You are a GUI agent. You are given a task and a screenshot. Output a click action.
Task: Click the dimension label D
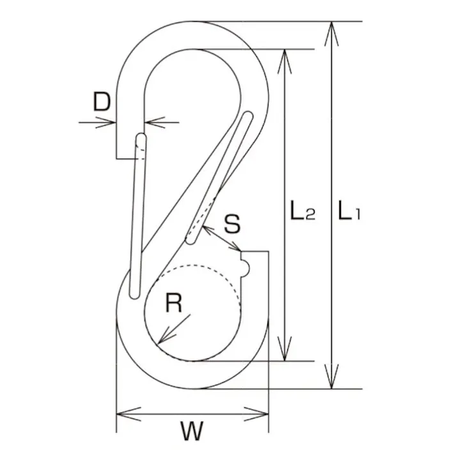point(102,102)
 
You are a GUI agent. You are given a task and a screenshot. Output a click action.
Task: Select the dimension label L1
point(349,212)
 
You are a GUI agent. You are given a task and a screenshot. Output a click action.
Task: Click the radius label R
point(173,303)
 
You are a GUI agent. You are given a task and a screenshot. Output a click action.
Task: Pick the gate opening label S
point(233,224)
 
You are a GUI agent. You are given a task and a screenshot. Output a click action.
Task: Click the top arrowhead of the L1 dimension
point(331,29)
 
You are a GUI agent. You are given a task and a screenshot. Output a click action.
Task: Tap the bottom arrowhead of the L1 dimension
point(331,381)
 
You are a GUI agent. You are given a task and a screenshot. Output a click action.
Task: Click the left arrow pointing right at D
point(109,122)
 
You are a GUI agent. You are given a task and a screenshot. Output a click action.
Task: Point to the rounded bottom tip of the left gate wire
point(133,294)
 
